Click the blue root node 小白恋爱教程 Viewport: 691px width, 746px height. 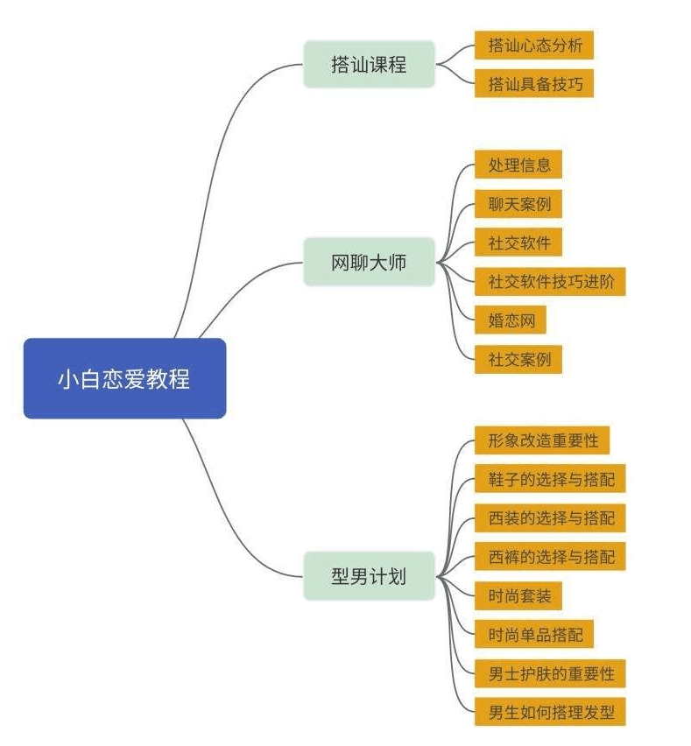[124, 378]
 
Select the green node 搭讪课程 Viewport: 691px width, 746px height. [369, 64]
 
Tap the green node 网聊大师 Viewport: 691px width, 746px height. [369, 262]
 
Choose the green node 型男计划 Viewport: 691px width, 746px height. [369, 575]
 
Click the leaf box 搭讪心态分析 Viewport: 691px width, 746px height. [534, 45]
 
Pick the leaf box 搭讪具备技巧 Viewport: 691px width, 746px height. [534, 83]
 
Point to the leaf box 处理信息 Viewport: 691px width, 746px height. [518, 165]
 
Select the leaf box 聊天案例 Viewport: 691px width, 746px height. [518, 203]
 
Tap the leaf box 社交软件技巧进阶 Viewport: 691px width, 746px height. [550, 281]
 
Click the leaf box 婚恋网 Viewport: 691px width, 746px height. [511, 320]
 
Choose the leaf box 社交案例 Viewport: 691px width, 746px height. [518, 359]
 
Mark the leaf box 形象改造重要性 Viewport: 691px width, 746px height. [542, 440]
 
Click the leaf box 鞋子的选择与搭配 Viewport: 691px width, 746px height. [550, 479]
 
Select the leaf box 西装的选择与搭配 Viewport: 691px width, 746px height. [550, 517]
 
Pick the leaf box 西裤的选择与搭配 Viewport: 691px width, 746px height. [550, 556]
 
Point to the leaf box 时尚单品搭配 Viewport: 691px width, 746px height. [534, 634]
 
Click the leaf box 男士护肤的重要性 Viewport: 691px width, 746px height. [550, 673]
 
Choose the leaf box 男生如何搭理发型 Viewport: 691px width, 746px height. [550, 712]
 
